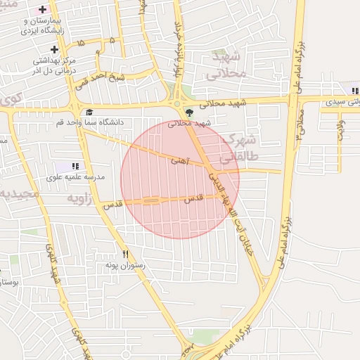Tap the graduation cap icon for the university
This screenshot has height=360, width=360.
(x=89, y=112)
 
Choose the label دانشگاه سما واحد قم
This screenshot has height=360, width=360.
(x=89, y=122)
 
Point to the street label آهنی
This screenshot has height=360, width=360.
(x=179, y=160)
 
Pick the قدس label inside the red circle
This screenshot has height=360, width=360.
(x=193, y=199)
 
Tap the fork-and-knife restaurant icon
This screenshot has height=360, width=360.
(x=126, y=254)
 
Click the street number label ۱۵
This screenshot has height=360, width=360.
(x=81, y=43)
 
